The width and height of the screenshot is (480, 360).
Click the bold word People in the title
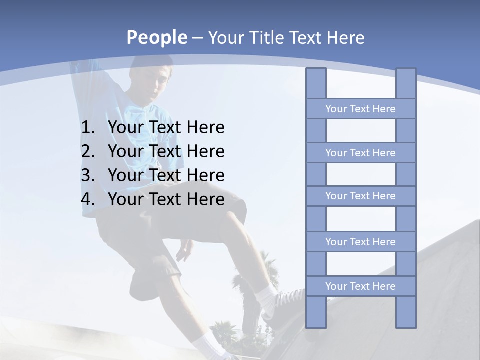(x=156, y=37)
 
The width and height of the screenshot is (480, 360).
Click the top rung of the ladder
(x=360, y=109)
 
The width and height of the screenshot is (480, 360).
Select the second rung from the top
(x=360, y=153)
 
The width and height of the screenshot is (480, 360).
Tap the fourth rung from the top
(x=360, y=242)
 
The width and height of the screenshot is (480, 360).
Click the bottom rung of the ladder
(x=360, y=286)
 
